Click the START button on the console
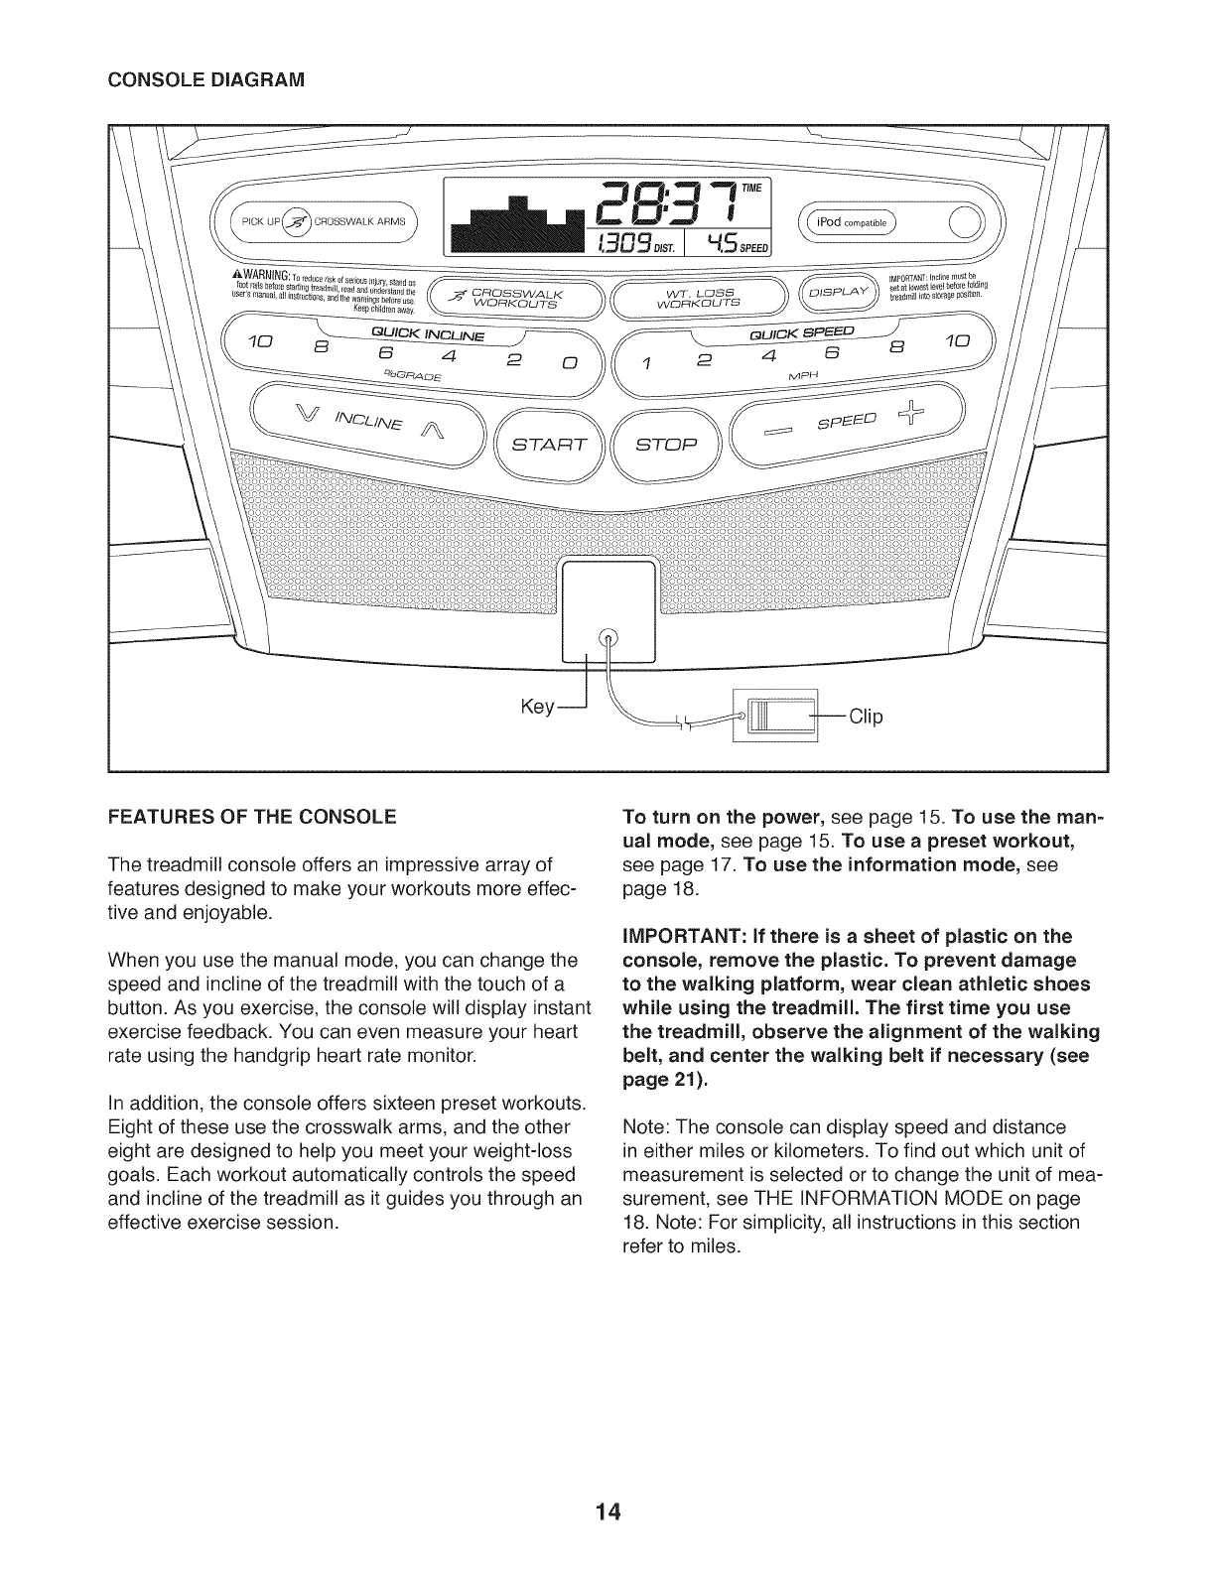pyautogui.click(x=549, y=443)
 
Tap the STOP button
pyautogui.click(x=667, y=443)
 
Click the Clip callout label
pyautogui.click(x=865, y=717)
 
